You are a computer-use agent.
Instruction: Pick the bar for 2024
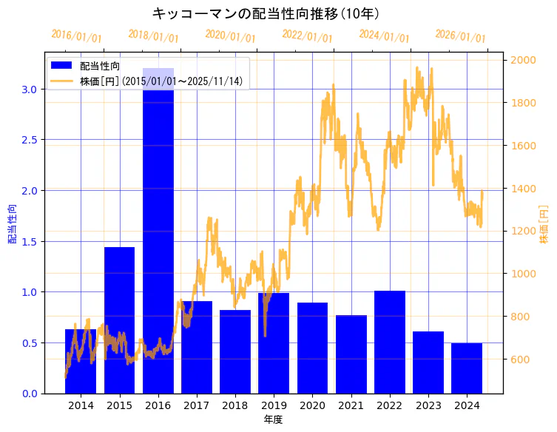pyautogui.click(x=467, y=368)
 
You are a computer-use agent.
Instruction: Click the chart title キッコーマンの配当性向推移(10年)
pyautogui.click(x=266, y=13)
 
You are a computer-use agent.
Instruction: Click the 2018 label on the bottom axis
pyautogui.click(x=235, y=405)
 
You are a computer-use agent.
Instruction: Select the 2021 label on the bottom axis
pyautogui.click(x=351, y=405)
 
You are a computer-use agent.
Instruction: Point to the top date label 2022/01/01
pyautogui.click(x=307, y=36)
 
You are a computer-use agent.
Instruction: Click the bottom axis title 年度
pyautogui.click(x=273, y=419)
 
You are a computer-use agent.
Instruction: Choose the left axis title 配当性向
pyautogui.click(x=13, y=223)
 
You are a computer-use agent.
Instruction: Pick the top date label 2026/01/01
pyautogui.click(x=460, y=36)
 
